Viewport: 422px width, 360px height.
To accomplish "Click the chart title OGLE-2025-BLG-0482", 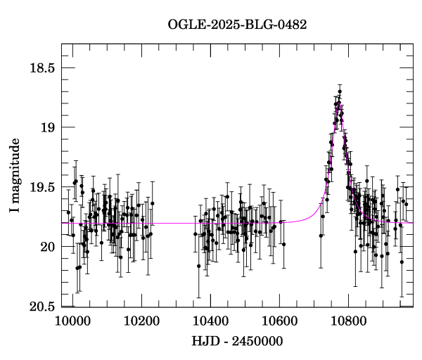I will tap(237, 24).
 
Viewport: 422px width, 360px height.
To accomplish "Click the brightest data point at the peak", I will tap(340, 91).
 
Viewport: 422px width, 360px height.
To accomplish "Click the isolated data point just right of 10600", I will tap(283, 245).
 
